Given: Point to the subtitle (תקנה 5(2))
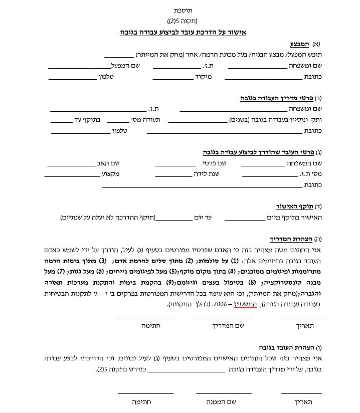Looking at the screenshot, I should click(183, 21).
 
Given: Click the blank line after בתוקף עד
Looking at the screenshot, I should click(62, 120).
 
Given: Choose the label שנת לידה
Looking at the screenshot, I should click(208, 174).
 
